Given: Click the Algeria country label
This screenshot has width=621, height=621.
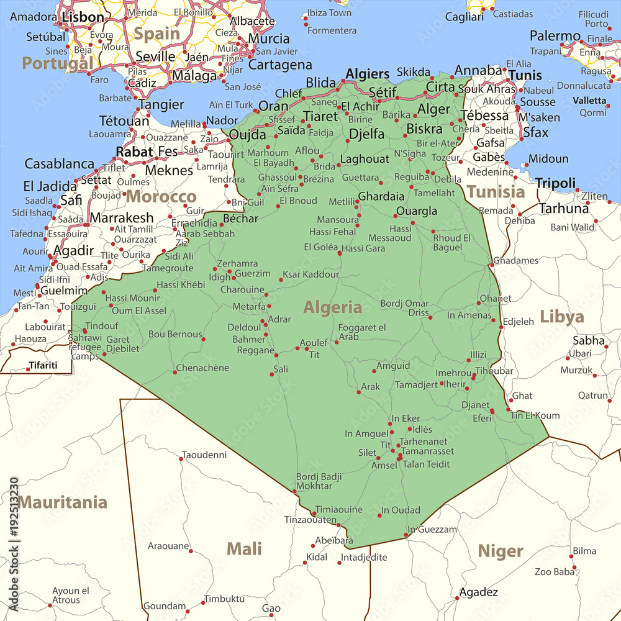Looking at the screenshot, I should coord(332,307).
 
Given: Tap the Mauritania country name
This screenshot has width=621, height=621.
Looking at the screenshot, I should coord(63,502).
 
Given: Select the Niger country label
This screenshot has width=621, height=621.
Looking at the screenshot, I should coord(501,551).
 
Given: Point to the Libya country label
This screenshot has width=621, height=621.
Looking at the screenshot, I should coord(561,317).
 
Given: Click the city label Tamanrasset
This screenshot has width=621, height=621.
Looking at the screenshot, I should coord(427,451).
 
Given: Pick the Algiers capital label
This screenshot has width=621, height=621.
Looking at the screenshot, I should coord(368,74).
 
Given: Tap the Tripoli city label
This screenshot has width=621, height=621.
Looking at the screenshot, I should coord(556,183).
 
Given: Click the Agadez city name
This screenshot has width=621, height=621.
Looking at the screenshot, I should coord(478,592).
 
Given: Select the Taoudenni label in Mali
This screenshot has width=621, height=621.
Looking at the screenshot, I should coord(204,455).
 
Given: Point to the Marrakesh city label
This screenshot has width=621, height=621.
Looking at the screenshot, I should coord(122,218).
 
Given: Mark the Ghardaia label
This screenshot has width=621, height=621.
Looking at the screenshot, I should coord(381,196).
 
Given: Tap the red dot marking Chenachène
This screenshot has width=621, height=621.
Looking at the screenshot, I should coord(174,372).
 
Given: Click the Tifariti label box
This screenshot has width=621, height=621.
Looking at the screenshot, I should coord(43,365).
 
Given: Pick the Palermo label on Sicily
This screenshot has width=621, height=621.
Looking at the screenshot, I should coord(555,36).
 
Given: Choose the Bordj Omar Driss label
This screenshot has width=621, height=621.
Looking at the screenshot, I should coord(404,308).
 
